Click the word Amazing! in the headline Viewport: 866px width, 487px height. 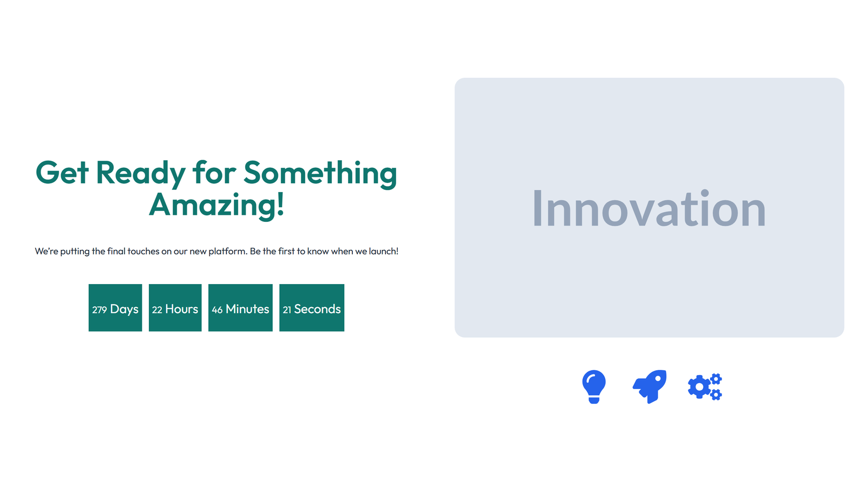pos(216,205)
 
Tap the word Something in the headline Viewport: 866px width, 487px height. pos(320,173)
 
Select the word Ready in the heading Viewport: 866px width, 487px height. pos(141,173)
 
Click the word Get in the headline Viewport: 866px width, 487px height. pos(62,173)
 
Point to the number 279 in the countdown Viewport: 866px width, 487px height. pos(99,310)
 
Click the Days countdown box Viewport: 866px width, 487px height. pos(115,307)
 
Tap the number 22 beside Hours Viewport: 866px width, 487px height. pos(157,310)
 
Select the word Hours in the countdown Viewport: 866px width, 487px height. pos(181,309)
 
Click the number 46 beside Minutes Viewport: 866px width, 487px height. pos(217,310)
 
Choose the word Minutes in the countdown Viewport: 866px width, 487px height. pos(247,309)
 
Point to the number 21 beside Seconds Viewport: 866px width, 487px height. pos(287,310)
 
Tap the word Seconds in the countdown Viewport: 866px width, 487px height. pos(317,309)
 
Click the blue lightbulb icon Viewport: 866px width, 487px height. pos(594,386)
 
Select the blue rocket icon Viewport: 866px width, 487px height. pos(649,386)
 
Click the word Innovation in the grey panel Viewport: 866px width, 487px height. pos(649,209)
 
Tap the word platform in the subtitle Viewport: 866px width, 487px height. pos(227,252)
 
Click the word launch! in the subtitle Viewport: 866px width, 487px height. pos(384,252)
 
